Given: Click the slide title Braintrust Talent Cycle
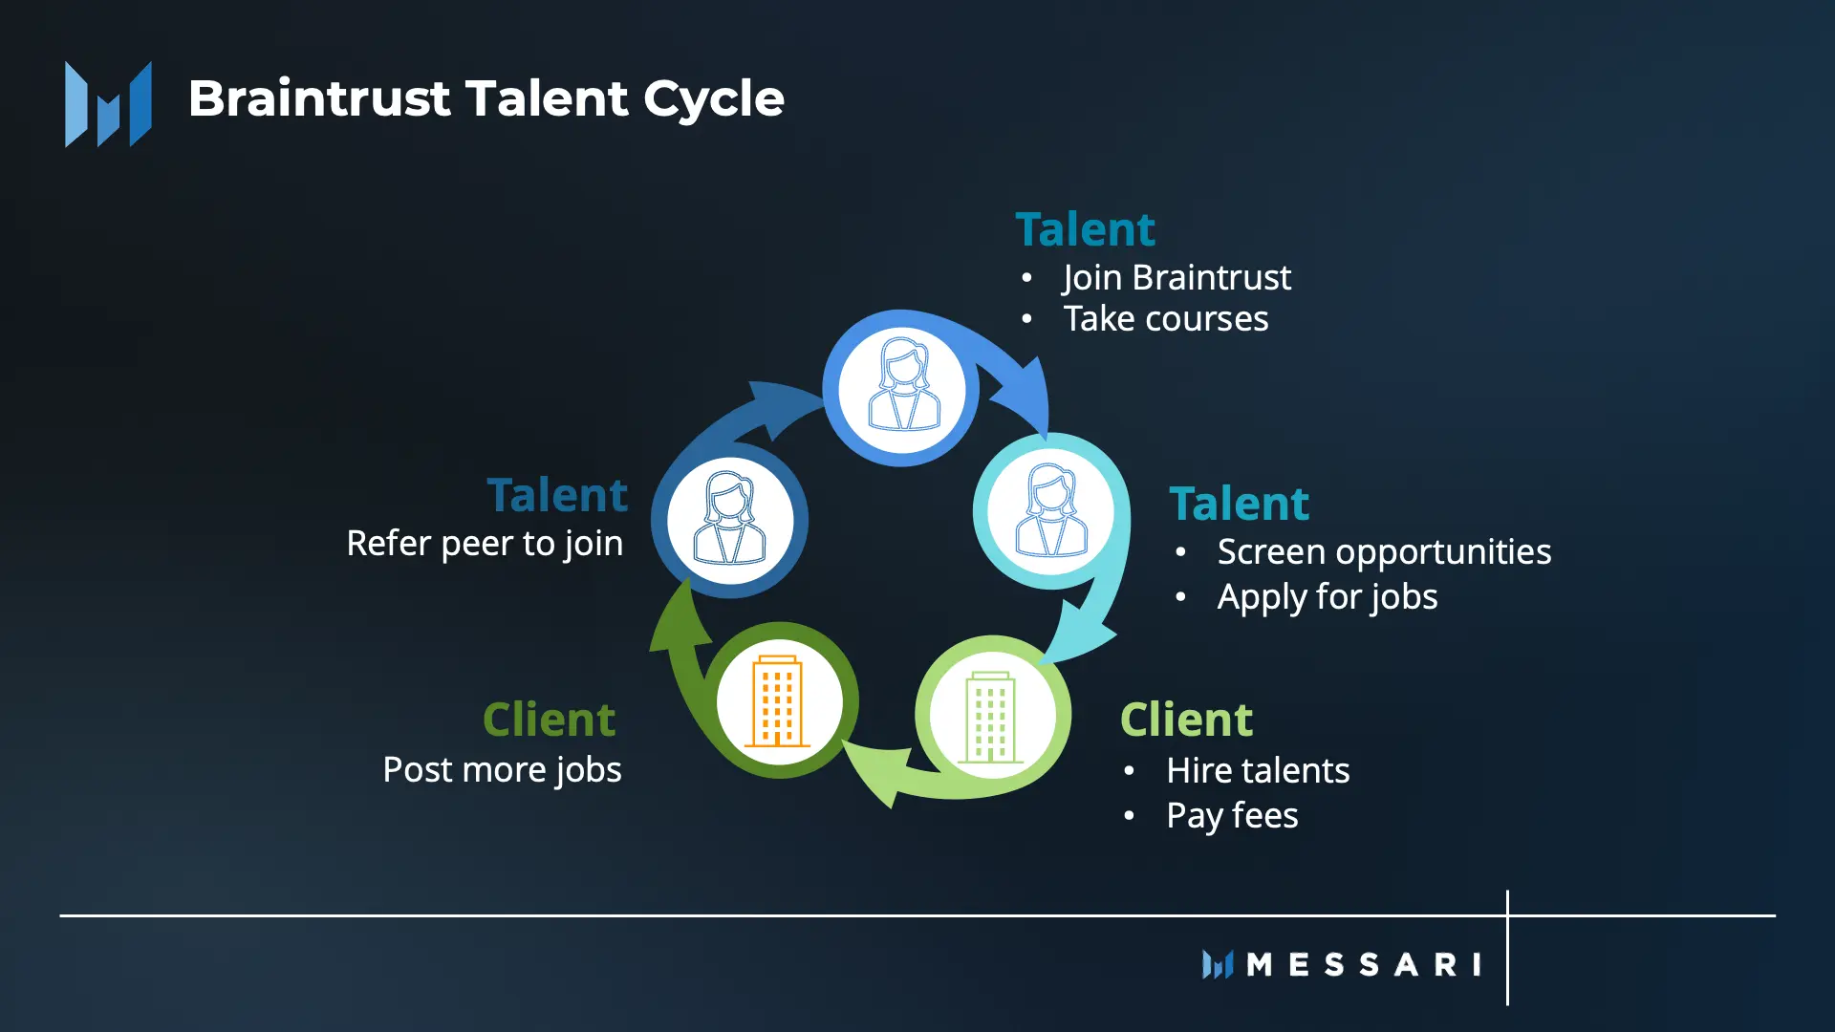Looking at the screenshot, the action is pyautogui.click(x=486, y=98).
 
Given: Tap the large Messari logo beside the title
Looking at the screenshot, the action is pyautogui.click(x=108, y=104).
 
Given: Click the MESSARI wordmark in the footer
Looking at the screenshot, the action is pyautogui.click(x=1342, y=964).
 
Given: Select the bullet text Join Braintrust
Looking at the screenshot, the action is pyautogui.click(x=1177, y=278).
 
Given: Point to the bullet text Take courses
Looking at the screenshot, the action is pyautogui.click(x=1166, y=319).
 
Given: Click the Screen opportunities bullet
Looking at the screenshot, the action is pyautogui.click(x=1384, y=552).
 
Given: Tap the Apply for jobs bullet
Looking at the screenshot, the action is pyautogui.click(x=1328, y=597).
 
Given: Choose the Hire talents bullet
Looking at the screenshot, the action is pyautogui.click(x=1258, y=770).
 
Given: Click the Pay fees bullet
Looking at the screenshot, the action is pyautogui.click(x=1232, y=816).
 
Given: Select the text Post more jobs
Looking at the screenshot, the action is pyautogui.click(x=502, y=770).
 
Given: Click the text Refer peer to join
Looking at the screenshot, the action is pyautogui.click(x=485, y=544).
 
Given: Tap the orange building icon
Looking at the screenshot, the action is pyautogui.click(x=777, y=700).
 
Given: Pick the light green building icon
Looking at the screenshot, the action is pyautogui.click(x=990, y=717).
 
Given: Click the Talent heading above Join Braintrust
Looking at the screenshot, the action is pyautogui.click(x=1085, y=229).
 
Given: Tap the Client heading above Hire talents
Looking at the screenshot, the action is pyautogui.click(x=1186, y=720).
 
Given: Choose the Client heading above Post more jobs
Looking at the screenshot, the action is pyautogui.click(x=549, y=720).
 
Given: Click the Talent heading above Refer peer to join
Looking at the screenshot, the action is pyautogui.click(x=557, y=495).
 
